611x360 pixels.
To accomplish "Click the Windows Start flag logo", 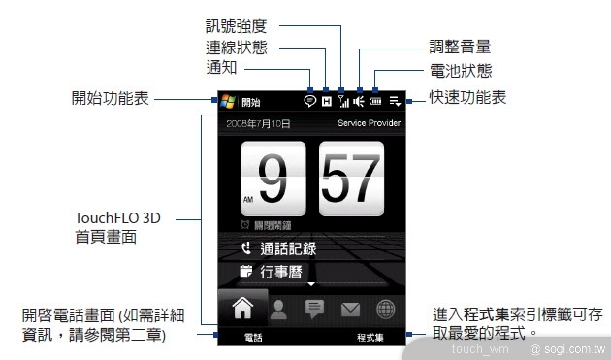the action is [228, 102].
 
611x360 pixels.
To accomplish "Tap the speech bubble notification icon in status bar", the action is [309, 102].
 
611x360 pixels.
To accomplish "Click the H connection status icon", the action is [327, 102].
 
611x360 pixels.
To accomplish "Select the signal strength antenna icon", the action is [343, 102].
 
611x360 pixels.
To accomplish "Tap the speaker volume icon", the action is [359, 102].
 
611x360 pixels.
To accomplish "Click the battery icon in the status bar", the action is [375, 102].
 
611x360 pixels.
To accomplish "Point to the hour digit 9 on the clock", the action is [273, 178].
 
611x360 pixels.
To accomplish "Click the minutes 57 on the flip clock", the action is [351, 178].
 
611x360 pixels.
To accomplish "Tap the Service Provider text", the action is [369, 123].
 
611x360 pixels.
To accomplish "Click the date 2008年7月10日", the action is [258, 124].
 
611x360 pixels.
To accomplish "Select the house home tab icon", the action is [242, 309].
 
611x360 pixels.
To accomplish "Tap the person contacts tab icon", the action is [278, 311].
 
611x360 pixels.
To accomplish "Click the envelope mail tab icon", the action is [350, 311].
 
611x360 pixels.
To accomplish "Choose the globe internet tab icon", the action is [385, 310].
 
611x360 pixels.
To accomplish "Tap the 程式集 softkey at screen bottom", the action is [370, 338].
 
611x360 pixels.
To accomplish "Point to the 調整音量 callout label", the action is [460, 47].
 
